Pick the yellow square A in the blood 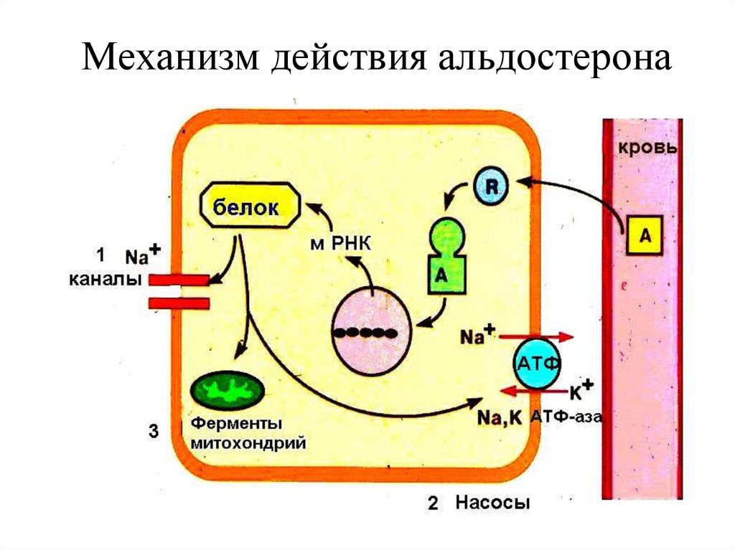[x=644, y=236]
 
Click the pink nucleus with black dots [x=370, y=332]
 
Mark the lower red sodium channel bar [x=179, y=303]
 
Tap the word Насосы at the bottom [x=492, y=503]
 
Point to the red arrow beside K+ [x=532, y=392]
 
